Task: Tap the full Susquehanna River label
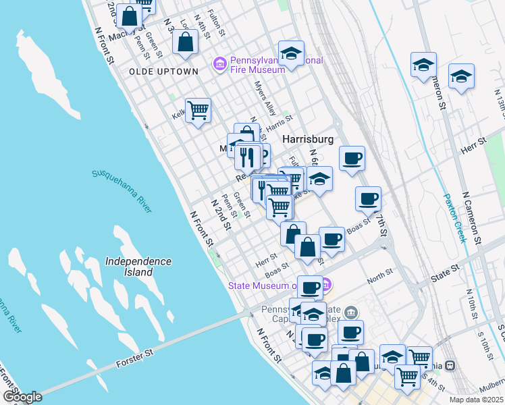[x=122, y=191]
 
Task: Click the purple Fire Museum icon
[x=219, y=64]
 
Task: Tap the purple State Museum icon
[x=325, y=285]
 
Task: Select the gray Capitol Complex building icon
[x=350, y=312]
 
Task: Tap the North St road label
[x=380, y=275]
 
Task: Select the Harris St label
[x=279, y=122]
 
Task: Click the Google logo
[x=22, y=396]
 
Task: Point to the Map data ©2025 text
[x=476, y=400]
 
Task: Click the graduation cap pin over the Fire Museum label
[x=292, y=54]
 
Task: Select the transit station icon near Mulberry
[x=450, y=366]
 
